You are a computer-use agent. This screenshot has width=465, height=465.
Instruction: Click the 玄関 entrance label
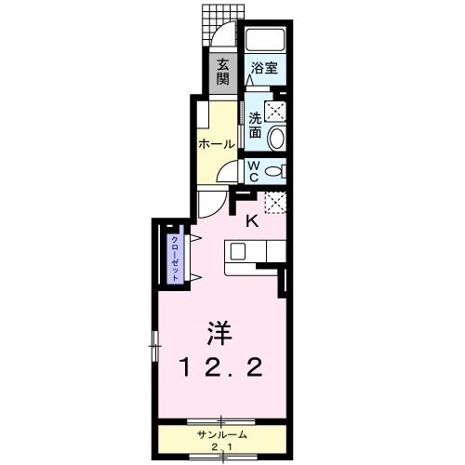point(223,72)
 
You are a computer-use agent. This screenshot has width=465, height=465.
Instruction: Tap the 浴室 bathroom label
point(264,68)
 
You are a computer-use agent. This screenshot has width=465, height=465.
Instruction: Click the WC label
point(253,170)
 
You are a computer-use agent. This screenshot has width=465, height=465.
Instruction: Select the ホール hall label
point(216,145)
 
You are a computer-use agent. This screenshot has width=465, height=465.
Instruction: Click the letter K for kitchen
point(252,221)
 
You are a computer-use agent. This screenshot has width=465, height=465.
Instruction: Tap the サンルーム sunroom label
point(220,435)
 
